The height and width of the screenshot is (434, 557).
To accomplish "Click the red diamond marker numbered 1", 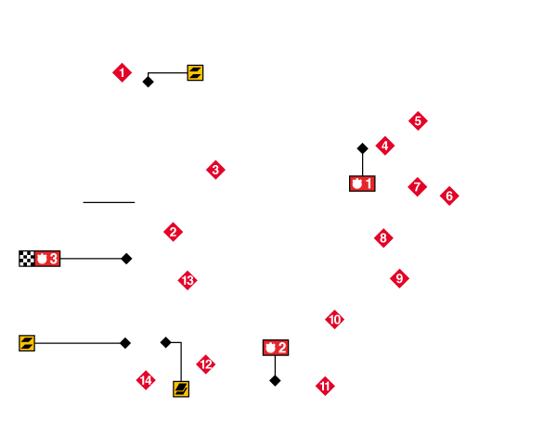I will point(122,72).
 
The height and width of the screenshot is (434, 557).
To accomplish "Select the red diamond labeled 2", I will point(173,232).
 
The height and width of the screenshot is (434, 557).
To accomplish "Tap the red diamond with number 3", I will point(215,170).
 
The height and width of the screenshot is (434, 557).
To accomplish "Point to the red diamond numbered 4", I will point(385,146).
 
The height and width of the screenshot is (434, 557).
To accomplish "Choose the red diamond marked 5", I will point(418,121).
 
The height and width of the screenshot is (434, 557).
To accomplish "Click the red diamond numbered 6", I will point(449,196).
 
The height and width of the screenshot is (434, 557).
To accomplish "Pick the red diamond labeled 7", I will point(417,186).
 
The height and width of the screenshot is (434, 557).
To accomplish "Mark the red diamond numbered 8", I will point(383,238).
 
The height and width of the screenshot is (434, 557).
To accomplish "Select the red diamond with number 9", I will point(399,278).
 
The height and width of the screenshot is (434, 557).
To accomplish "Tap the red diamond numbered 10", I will point(334,320).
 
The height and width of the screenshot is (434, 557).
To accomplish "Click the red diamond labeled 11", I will point(325,386).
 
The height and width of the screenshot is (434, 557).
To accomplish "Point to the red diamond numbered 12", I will point(206,364).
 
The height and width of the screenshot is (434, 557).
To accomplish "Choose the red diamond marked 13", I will point(188,280).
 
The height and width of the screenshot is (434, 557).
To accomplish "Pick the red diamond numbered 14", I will point(146,380).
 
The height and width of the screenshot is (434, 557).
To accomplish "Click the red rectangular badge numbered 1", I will point(362,184).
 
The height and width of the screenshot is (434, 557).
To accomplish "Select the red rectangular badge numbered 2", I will point(276,348).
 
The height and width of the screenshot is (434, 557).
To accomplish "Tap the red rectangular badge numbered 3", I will point(47,259).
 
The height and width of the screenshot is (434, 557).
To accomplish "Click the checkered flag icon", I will point(27,259).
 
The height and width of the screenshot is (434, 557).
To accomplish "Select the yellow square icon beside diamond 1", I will point(195,72).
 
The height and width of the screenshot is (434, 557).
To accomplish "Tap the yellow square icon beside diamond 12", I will point(181,389).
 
